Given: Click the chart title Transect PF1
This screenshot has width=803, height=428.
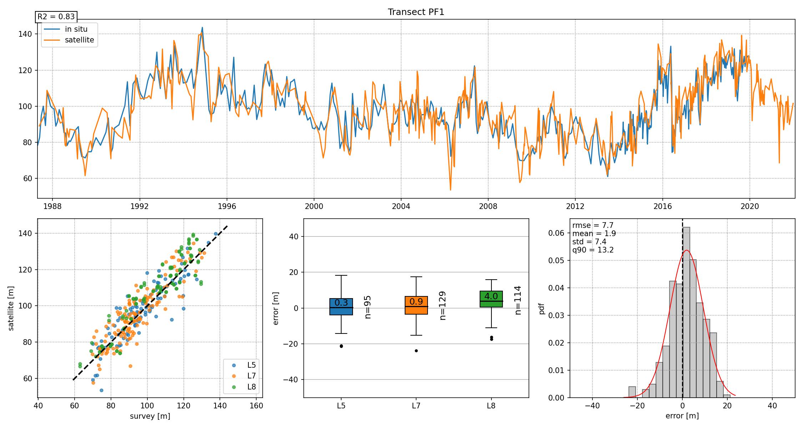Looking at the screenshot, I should [x=416, y=12].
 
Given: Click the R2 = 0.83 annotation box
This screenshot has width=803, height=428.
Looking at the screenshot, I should [x=56, y=17].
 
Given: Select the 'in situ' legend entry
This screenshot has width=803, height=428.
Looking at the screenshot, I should [x=76, y=29].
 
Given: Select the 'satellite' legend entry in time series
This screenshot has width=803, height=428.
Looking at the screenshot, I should [x=79, y=40].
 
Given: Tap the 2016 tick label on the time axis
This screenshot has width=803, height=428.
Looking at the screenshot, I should [x=662, y=207].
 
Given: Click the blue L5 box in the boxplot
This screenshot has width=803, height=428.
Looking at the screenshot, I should [x=341, y=307].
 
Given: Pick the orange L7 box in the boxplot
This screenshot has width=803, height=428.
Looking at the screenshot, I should [x=416, y=305].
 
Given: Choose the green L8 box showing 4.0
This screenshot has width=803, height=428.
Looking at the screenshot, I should [x=491, y=299].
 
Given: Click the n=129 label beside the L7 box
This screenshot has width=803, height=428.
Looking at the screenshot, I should [x=443, y=306].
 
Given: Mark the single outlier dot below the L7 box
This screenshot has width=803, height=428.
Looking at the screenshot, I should [x=416, y=351].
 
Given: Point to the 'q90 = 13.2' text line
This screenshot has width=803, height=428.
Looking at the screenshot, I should [x=593, y=250].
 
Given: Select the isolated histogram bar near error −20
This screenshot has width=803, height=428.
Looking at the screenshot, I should [x=632, y=392].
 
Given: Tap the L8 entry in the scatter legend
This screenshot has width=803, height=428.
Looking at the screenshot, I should [x=251, y=387].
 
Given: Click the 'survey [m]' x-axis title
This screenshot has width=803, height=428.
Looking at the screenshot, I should [x=150, y=416].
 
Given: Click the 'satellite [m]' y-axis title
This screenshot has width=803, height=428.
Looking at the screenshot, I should [x=11, y=308].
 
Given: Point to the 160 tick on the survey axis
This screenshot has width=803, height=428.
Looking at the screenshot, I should [x=256, y=406].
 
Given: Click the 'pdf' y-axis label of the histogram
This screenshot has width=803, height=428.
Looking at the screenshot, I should [x=542, y=308].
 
